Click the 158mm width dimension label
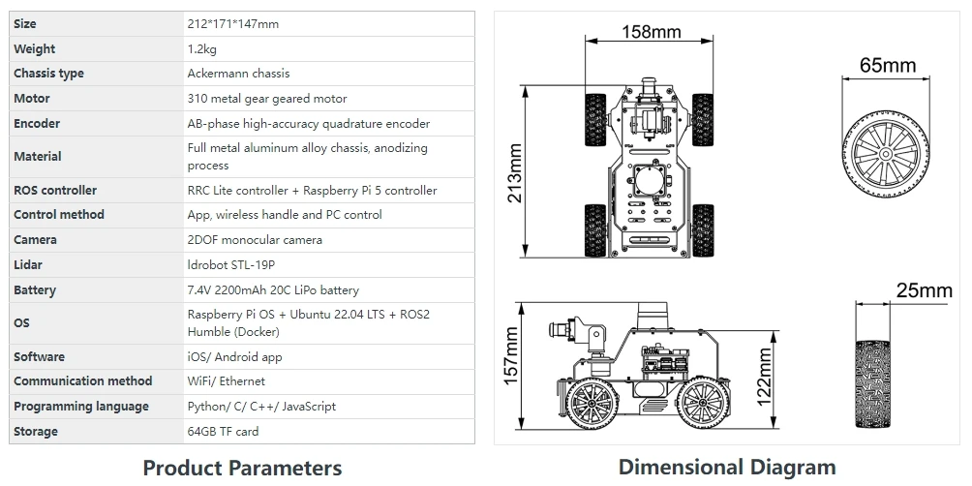click(651, 32)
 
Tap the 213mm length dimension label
click(514, 173)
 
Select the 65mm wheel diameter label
click(887, 65)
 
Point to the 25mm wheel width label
click(924, 290)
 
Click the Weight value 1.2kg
click(202, 49)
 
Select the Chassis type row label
click(48, 74)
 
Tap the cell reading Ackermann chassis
click(239, 74)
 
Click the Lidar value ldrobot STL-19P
click(231, 265)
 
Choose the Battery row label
click(35, 290)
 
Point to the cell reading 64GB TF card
click(224, 432)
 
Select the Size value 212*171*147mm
click(233, 24)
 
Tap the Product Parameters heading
click(242, 468)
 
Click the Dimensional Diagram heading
click(727, 467)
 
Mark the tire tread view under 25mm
click(872, 383)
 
